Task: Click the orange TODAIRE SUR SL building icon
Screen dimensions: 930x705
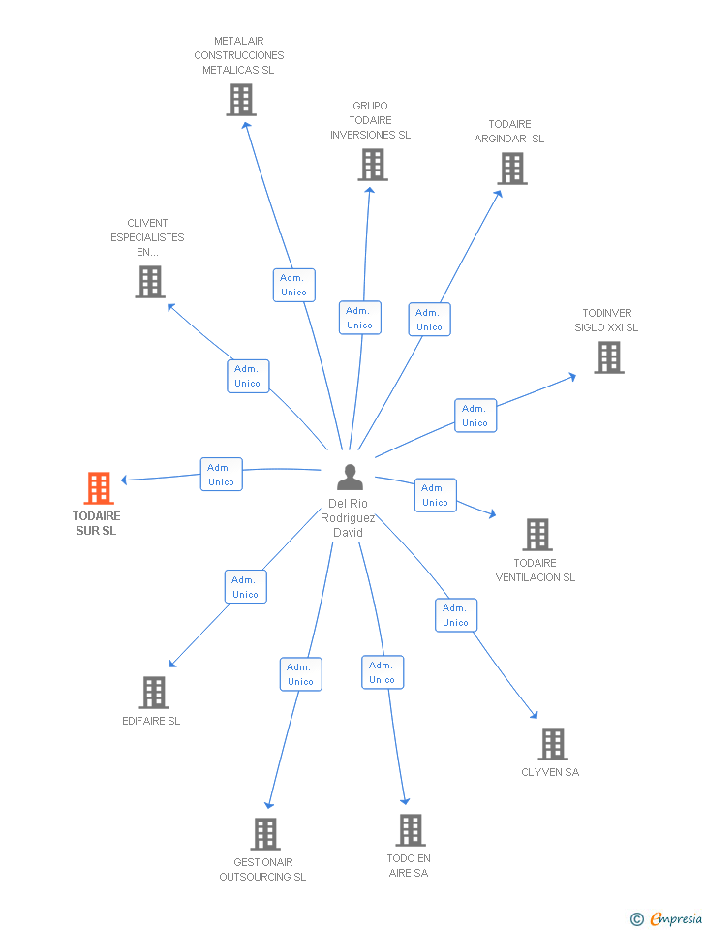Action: click(x=99, y=488)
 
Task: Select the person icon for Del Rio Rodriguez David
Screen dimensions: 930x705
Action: click(x=350, y=477)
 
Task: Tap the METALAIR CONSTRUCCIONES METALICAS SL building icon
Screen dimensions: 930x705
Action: click(x=240, y=100)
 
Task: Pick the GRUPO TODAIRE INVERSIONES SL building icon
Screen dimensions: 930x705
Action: click(x=373, y=165)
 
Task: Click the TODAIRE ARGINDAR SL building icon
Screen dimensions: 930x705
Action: click(x=512, y=169)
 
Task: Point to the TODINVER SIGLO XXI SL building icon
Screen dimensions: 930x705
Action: click(x=609, y=357)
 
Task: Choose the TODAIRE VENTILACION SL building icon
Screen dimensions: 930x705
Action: click(x=537, y=535)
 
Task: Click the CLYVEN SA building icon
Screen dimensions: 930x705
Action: click(x=552, y=744)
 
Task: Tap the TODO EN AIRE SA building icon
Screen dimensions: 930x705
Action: click(x=411, y=830)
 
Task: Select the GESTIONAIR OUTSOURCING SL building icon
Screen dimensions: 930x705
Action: click(x=265, y=834)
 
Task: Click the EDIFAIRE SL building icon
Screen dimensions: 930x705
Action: click(x=154, y=693)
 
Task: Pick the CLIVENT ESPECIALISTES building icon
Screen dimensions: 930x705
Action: click(x=150, y=282)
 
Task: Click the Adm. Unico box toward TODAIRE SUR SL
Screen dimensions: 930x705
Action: click(x=221, y=475)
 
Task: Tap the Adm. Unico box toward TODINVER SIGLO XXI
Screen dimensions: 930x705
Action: click(x=475, y=416)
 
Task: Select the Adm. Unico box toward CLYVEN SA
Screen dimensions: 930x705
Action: click(x=455, y=615)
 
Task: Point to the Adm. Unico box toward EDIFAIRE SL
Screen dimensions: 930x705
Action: click(x=245, y=587)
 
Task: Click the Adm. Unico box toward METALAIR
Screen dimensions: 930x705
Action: click(x=293, y=285)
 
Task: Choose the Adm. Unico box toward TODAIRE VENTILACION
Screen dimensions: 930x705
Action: click(x=435, y=495)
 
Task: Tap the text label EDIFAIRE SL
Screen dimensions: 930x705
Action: click(x=151, y=721)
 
